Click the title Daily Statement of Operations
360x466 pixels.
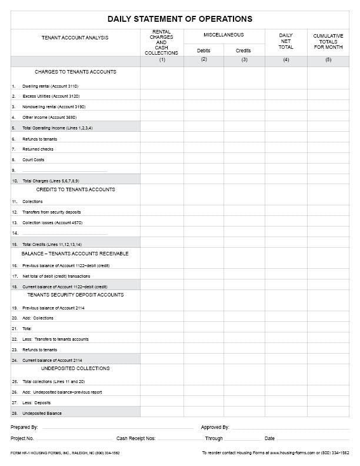pyautogui.click(x=179, y=19)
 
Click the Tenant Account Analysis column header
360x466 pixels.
pyautogui.click(x=75, y=38)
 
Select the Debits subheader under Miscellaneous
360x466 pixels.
pyautogui.click(x=204, y=51)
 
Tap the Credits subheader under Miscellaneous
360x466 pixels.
pyautogui.click(x=244, y=51)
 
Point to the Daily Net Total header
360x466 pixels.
pyautogui.click(x=286, y=41)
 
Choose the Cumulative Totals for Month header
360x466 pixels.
pyautogui.click(x=328, y=41)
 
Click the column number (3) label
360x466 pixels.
pyautogui.click(x=244, y=59)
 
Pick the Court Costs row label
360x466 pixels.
pyautogui.click(x=34, y=160)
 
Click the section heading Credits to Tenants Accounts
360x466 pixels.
pyautogui.click(x=75, y=189)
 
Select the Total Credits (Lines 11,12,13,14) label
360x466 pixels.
pyautogui.click(x=52, y=244)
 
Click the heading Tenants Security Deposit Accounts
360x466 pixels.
pyautogui.click(x=75, y=295)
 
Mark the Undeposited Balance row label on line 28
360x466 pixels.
pyautogui.click(x=42, y=414)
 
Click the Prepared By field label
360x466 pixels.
pyautogui.click(x=24, y=427)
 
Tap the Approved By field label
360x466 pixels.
pyautogui.click(x=215, y=427)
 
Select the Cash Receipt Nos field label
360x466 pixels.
pyautogui.click(x=136, y=438)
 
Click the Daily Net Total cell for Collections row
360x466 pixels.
pyautogui.click(x=286, y=201)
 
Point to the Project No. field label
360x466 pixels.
pyautogui.click(x=22, y=438)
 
